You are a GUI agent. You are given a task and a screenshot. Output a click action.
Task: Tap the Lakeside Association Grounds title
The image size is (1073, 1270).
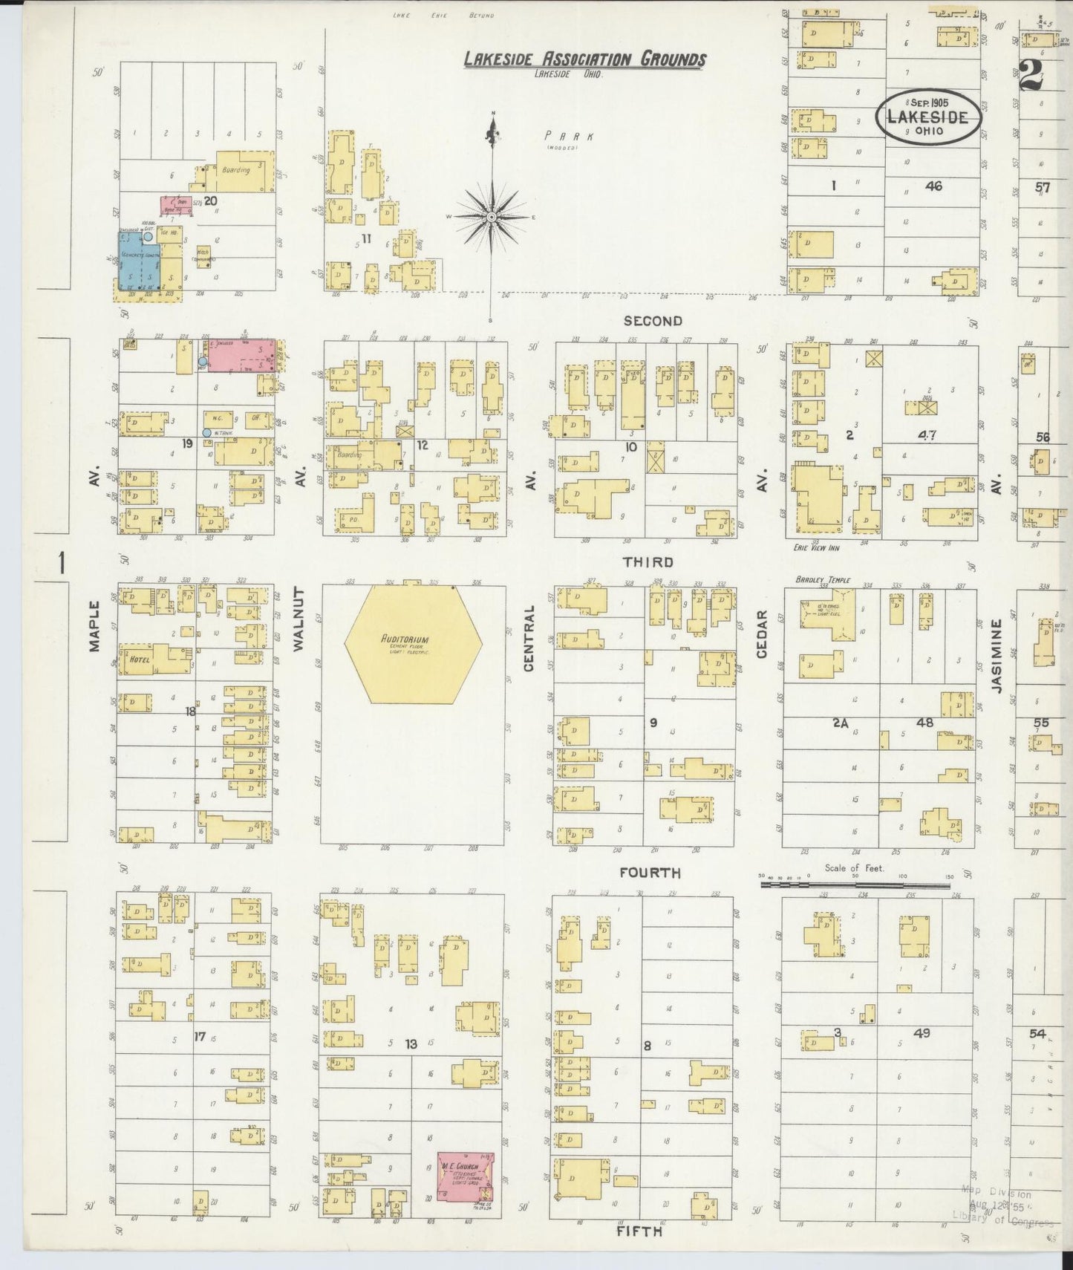[585, 59]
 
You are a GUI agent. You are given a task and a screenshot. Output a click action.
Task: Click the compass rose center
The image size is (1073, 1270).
[492, 216]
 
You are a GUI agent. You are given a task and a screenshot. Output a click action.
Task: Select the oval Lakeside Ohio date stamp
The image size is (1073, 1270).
[928, 116]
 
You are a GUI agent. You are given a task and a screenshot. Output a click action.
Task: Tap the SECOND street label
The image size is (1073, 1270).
[652, 321]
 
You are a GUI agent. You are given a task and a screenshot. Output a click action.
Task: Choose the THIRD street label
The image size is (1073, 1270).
[648, 562]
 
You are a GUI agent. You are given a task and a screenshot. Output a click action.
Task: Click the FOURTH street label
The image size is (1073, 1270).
[650, 873]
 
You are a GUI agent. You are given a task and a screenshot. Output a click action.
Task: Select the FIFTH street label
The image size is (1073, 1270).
[639, 1231]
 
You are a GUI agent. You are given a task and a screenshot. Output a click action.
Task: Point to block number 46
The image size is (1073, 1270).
[933, 186]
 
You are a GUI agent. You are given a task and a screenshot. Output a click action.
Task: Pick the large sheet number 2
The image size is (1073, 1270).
[1031, 74]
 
